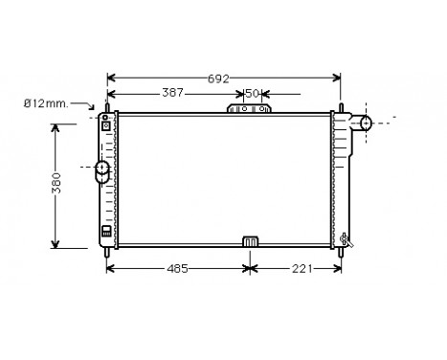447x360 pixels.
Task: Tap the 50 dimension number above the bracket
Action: [251, 94]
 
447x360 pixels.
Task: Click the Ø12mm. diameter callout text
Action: [44, 102]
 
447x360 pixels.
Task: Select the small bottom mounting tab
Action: [250, 241]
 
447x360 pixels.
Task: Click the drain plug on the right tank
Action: [344, 236]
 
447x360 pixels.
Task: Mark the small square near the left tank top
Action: [104, 125]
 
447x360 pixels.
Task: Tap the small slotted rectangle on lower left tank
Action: [104, 231]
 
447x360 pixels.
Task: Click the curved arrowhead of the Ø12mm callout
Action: [93, 113]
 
